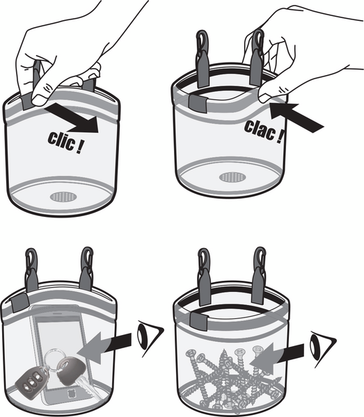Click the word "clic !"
coord(65,142)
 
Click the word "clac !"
coord(264,131)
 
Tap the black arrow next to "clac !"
coord(296,117)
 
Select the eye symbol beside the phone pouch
coord(150,338)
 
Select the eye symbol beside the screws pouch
coord(322,349)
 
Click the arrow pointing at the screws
coord(277,358)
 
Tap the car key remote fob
coord(31,381)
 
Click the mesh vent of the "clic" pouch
coord(63,197)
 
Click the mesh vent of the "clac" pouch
coord(232,177)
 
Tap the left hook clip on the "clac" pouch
coord(202,59)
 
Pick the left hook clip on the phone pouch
coord(32,270)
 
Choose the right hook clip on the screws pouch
coord(259,276)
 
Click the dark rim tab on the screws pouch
coord(199,320)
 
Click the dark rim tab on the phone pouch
coord(19,303)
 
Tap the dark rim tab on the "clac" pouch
coord(198,103)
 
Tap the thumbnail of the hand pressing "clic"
coord(39,101)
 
